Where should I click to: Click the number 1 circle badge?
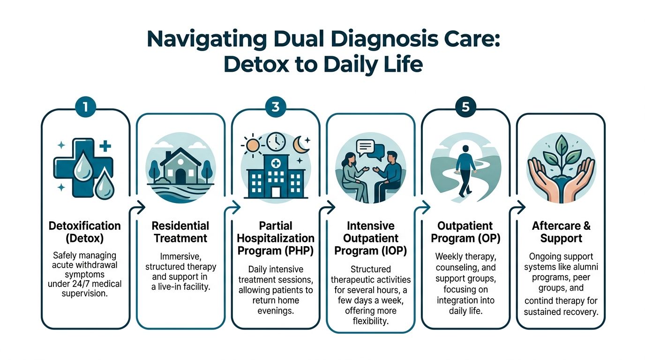(x=85, y=107)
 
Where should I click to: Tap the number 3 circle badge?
(x=276, y=107)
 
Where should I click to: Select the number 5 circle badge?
(x=465, y=107)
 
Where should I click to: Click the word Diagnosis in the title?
(x=385, y=40)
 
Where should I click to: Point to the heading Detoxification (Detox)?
(x=85, y=232)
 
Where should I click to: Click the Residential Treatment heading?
(x=180, y=232)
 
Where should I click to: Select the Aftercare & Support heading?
(x=561, y=232)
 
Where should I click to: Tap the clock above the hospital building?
(x=276, y=142)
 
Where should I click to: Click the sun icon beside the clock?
(x=253, y=145)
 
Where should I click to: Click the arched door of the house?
(x=180, y=176)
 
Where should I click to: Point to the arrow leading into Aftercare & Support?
(x=517, y=207)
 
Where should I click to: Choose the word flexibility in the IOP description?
(x=371, y=321)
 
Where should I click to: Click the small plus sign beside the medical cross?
(x=105, y=146)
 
